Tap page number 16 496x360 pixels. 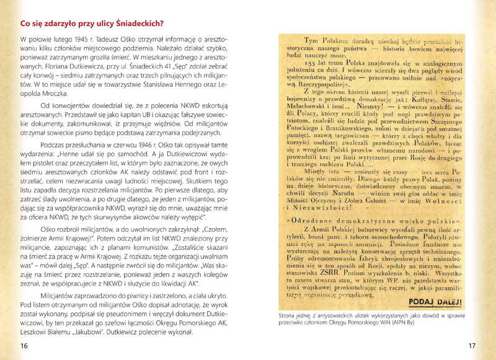coord(24,346)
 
